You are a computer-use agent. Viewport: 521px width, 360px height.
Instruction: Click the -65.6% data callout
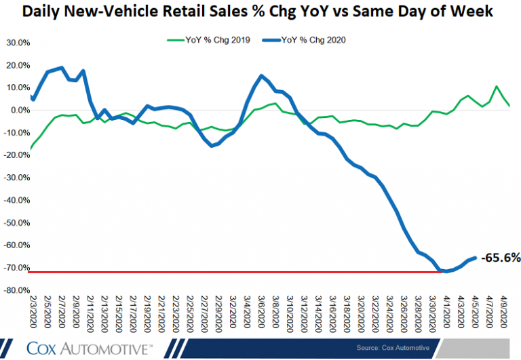pos(501,258)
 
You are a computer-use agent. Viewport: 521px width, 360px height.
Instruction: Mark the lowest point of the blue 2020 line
pos(445,271)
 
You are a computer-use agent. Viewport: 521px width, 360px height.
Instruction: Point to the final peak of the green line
pos(497,87)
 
